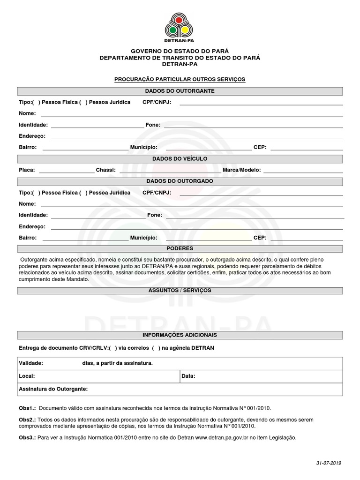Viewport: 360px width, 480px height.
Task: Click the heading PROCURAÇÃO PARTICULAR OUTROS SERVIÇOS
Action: point(180,80)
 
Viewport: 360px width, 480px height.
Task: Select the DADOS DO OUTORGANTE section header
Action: point(180,91)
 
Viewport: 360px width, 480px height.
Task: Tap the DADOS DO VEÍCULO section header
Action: point(180,159)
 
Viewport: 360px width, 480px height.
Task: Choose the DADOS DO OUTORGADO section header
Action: point(180,181)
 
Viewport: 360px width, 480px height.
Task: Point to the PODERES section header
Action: point(180,248)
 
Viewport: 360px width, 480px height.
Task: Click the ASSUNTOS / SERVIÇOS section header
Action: point(180,291)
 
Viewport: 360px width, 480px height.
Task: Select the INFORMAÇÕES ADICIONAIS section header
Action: point(180,336)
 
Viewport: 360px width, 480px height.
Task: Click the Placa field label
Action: point(27,170)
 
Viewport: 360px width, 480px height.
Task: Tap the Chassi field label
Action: point(105,170)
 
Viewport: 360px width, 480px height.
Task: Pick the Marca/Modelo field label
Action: point(242,170)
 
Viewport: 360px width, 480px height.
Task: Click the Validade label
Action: point(31,363)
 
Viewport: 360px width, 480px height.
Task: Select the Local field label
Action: point(27,376)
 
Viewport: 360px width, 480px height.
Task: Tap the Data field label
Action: point(188,376)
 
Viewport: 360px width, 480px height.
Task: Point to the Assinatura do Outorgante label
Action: point(53,389)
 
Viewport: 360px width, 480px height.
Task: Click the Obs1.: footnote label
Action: point(27,408)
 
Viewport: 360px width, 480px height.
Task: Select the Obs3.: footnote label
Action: point(27,438)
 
